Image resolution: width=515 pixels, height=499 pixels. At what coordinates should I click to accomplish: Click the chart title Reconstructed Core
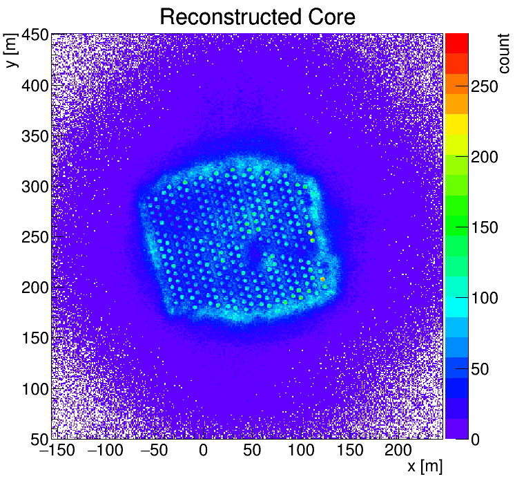tap(257, 17)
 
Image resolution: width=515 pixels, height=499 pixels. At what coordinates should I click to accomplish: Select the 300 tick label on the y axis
tap(34, 187)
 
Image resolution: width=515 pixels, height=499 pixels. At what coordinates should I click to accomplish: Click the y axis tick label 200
tap(34, 288)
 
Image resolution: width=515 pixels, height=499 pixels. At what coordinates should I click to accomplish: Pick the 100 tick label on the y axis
tap(34, 389)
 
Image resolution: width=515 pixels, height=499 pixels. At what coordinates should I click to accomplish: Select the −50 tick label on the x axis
tap(153, 451)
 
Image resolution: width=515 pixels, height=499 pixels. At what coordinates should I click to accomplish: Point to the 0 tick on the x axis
tap(203, 451)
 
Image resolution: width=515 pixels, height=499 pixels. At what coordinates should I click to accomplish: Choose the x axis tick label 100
tap(301, 451)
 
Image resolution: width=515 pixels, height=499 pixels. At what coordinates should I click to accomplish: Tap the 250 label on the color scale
tap(485, 87)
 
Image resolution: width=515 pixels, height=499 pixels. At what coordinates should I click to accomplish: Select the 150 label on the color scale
tap(485, 228)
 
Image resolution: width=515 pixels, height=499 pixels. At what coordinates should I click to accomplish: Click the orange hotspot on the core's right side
tap(322, 279)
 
